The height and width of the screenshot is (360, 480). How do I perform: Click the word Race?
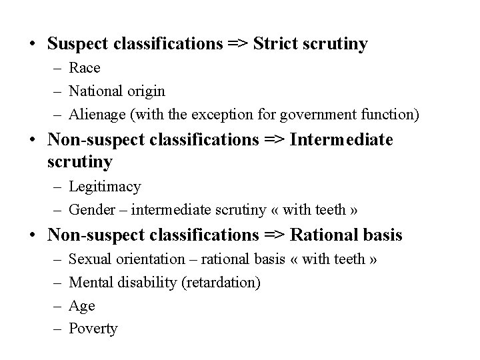pos(85,67)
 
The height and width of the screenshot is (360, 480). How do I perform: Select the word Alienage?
pos(97,114)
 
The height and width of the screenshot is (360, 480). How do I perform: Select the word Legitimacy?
pos(105,187)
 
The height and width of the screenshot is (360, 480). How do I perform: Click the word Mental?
pos(91,283)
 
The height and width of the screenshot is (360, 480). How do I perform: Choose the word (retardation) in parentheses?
pos(220,283)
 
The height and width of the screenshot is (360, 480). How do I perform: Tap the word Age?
pos(82,306)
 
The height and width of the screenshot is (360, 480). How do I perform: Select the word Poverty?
pos(93,329)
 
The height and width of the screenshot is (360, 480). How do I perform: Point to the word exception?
pos(243,114)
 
